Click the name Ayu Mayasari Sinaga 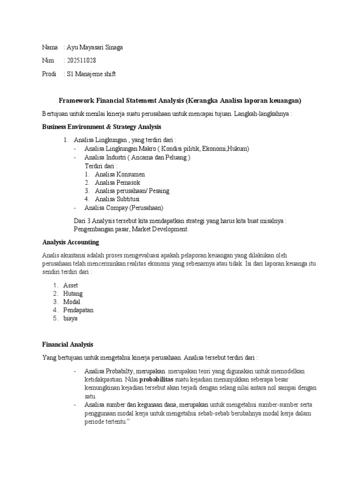95,48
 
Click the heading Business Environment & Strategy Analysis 101,127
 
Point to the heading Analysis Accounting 70,242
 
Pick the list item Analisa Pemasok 117,182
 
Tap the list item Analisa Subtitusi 117,199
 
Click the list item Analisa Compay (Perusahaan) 124,208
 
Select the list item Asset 70,285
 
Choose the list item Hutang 73,293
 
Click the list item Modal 72,302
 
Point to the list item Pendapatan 78,310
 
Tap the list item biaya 70,319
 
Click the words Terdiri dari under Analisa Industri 101,166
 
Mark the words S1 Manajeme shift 91,74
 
